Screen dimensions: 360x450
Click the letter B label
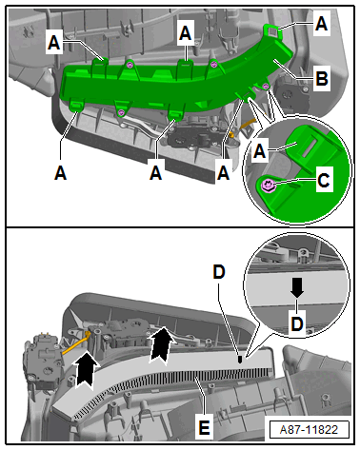[322, 78]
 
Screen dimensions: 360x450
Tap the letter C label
[324, 180]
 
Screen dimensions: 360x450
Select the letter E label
[204, 427]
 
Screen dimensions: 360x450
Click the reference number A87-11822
[309, 430]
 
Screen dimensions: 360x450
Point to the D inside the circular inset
[297, 323]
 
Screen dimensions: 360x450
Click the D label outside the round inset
[219, 272]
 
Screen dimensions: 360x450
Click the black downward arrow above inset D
[297, 287]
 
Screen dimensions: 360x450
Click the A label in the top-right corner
[321, 24]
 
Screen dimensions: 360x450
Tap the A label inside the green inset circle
[260, 150]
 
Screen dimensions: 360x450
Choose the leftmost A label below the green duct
[60, 173]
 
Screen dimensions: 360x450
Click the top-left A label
[54, 43]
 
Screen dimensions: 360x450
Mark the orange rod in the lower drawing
[75, 345]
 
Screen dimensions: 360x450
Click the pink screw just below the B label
[266, 86]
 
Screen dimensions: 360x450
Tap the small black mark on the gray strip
[240, 359]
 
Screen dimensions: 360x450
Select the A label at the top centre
[185, 33]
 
